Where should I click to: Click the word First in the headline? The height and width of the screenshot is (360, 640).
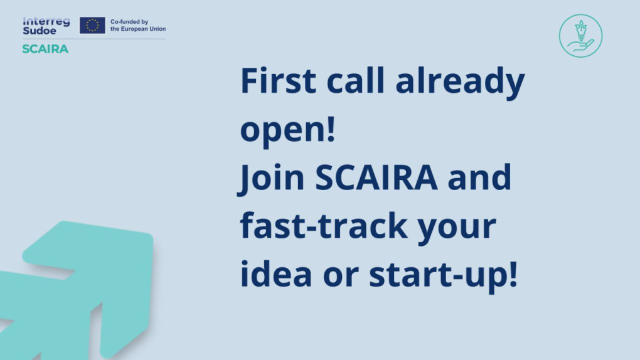(279, 80)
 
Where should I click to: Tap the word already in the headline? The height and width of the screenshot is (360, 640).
(460, 83)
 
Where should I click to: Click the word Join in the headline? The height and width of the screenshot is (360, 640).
(271, 178)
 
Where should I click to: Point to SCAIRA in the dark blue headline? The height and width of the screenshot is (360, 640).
(376, 177)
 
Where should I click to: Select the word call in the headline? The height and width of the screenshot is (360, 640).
(355, 80)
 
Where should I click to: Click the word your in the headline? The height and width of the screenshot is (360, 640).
(457, 228)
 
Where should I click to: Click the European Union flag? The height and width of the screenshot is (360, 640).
(92, 25)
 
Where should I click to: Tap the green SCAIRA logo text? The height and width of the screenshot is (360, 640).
(45, 49)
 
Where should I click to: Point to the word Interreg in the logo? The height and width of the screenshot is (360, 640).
(46, 21)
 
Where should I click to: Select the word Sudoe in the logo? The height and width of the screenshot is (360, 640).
(39, 31)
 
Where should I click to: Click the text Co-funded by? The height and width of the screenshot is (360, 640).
(129, 21)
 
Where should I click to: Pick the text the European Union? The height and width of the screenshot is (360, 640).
(138, 29)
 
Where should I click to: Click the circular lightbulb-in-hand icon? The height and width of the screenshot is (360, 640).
(580, 36)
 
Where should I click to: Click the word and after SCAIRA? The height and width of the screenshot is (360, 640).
(479, 177)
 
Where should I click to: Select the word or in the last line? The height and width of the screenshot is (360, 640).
(341, 277)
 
